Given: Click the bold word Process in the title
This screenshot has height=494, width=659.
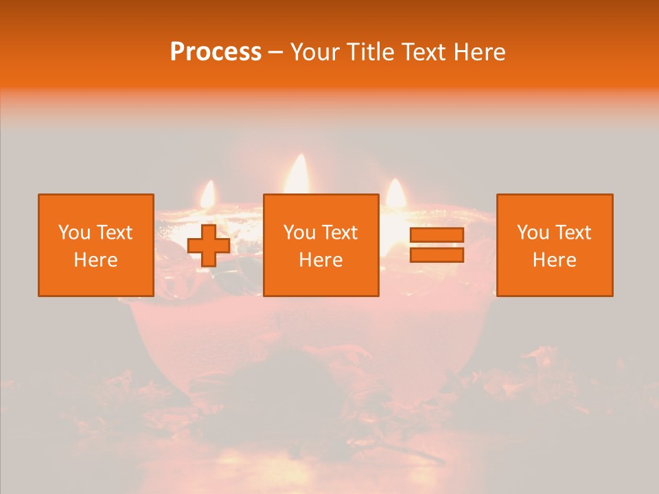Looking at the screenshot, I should [216, 52].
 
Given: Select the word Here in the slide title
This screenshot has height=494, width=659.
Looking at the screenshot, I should [478, 52].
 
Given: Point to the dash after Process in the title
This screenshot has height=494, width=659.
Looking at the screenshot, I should [276, 53].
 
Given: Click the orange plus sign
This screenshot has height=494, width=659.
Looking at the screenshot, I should [209, 245].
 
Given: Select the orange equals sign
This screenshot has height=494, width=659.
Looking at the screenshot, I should [437, 245].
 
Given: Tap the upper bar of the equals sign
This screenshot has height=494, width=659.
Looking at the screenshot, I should [437, 235].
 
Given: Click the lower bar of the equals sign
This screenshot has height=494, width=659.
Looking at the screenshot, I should [437, 255].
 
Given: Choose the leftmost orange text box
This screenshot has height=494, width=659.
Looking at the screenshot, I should [96, 245].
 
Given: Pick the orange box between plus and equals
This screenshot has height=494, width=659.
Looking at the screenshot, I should [321, 245].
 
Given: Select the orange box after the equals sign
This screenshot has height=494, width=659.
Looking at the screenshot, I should [555, 245].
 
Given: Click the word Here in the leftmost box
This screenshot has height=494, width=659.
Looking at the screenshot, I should [96, 260].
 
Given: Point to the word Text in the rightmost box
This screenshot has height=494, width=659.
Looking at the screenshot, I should [573, 233].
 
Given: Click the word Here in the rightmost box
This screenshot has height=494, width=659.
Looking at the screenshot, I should [555, 260].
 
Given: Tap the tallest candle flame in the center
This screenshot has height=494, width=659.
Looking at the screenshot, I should [298, 174].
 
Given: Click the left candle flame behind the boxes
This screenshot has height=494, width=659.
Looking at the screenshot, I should [208, 193].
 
